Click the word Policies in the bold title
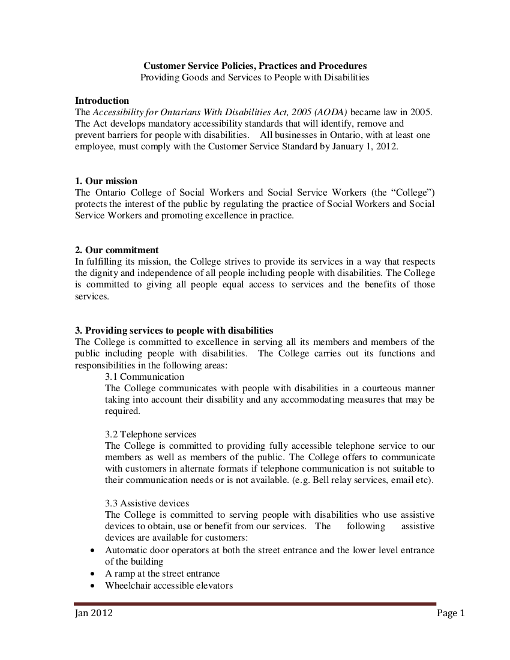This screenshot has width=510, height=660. point(230,65)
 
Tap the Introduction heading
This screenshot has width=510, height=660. point(101,100)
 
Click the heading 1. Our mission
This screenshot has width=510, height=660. point(106,181)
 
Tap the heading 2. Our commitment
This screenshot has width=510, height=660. point(117,250)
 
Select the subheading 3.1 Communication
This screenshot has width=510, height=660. point(145,377)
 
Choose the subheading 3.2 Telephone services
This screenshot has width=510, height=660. point(151,434)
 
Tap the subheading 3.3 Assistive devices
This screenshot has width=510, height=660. point(147,503)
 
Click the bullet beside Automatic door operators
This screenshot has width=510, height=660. point(92,550)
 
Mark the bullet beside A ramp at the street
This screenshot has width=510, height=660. point(92,574)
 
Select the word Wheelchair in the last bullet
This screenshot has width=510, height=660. point(127,585)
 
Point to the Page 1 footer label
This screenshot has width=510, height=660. point(451,613)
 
